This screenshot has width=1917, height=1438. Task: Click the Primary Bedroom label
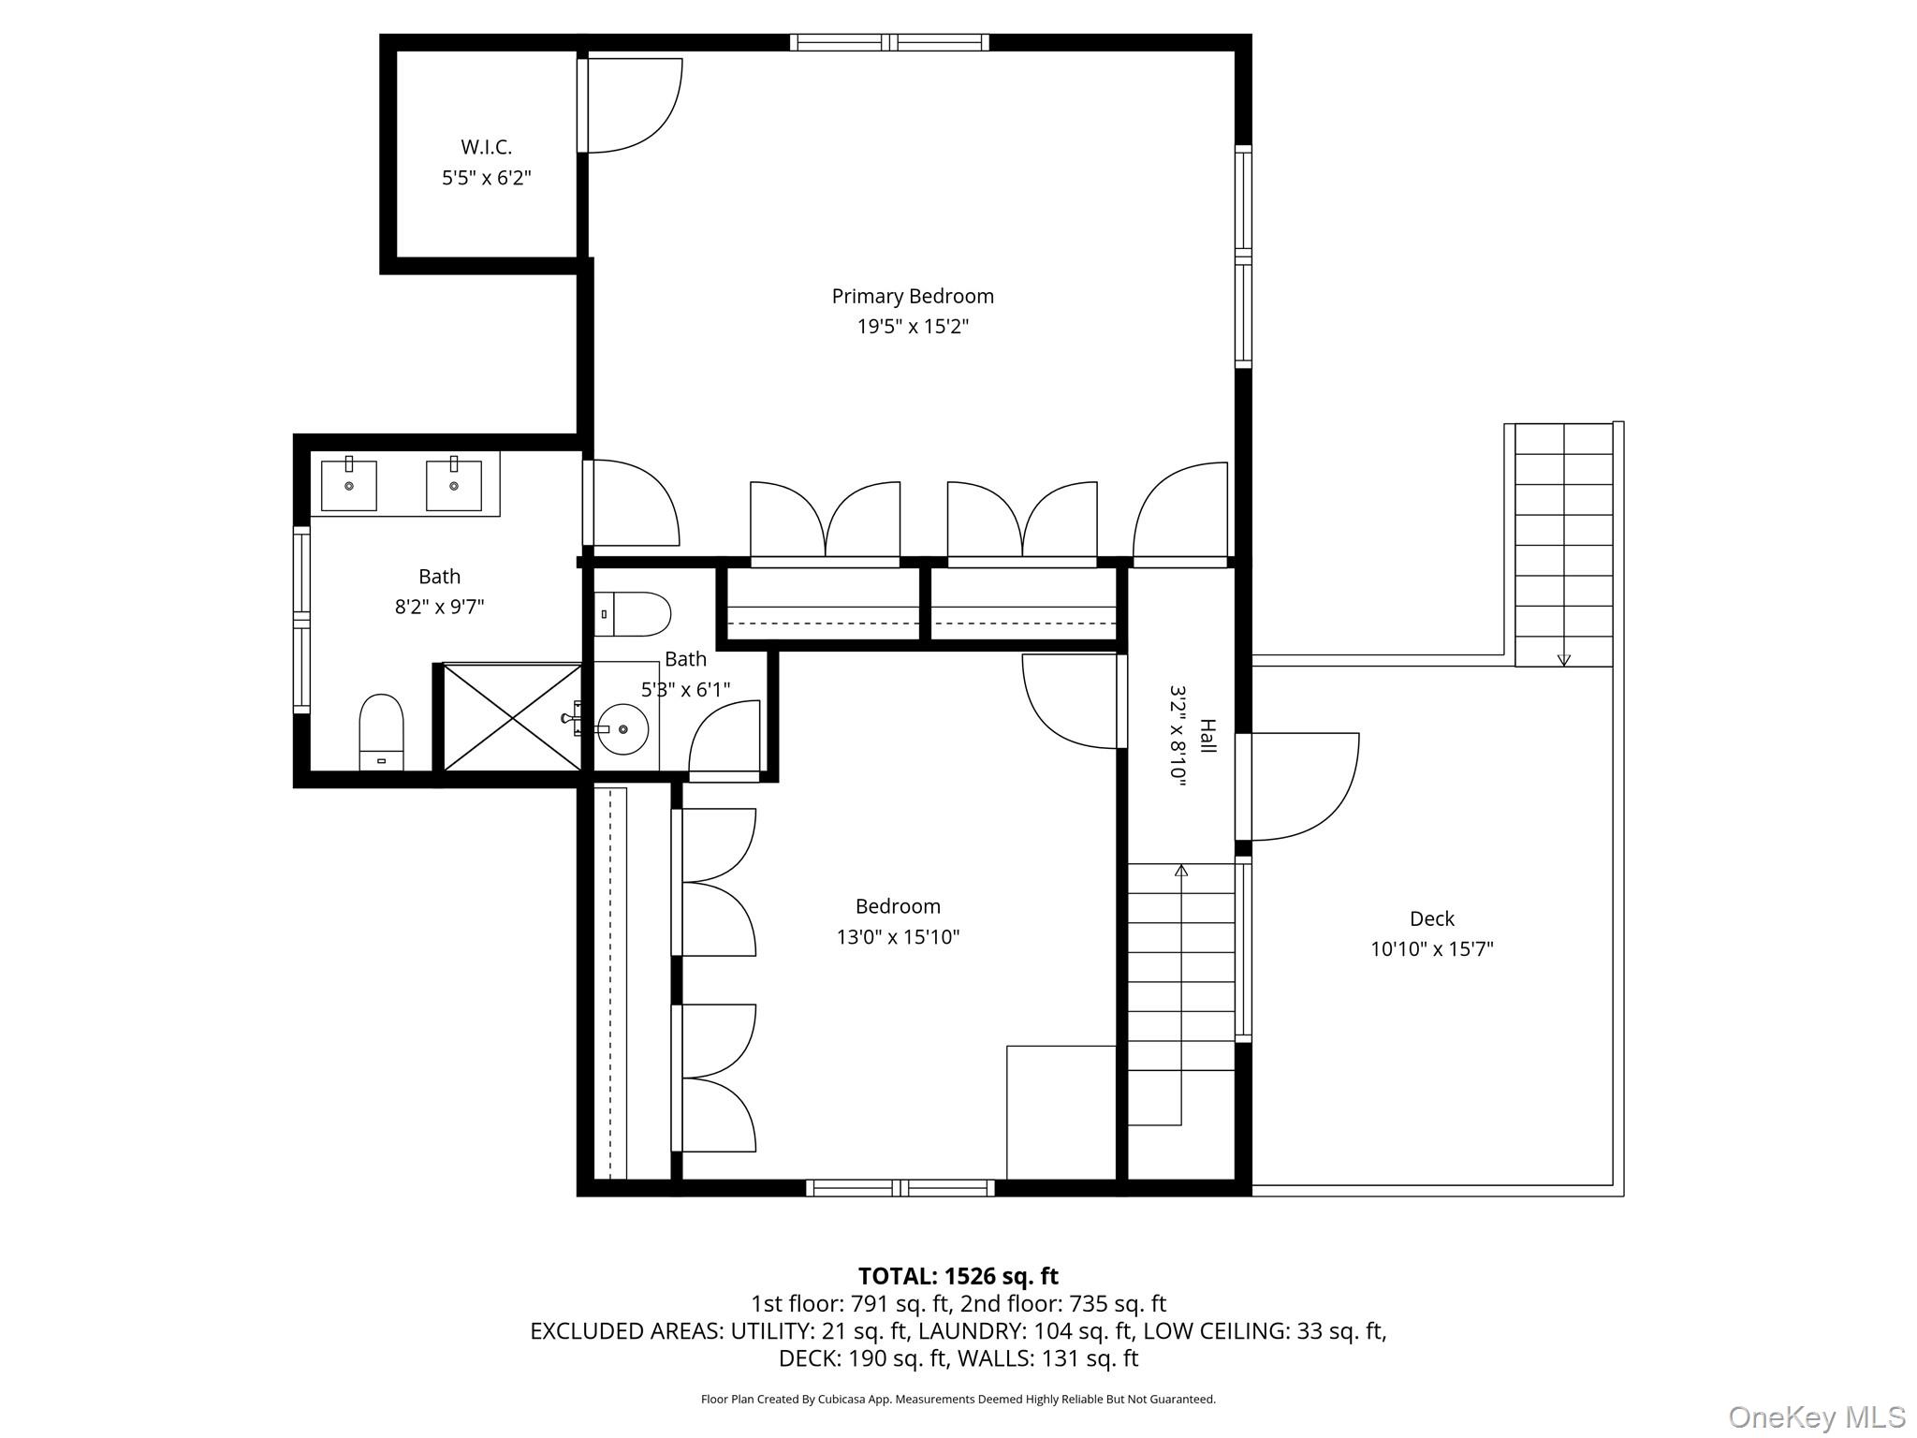click(913, 296)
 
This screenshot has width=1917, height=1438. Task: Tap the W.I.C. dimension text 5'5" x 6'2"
click(487, 178)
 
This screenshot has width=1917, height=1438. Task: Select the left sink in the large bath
click(348, 485)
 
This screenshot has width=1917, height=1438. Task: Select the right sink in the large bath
click(454, 485)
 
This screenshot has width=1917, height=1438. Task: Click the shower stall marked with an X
click(511, 717)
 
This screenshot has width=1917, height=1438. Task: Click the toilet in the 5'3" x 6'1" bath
click(633, 614)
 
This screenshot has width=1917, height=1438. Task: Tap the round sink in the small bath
click(622, 727)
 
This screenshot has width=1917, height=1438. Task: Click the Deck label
click(1431, 918)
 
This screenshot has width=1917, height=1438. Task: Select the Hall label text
click(1207, 737)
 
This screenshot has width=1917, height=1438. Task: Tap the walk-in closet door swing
click(632, 105)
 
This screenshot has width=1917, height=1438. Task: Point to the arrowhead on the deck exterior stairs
click(1563, 660)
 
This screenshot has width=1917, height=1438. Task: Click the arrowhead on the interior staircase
click(1181, 871)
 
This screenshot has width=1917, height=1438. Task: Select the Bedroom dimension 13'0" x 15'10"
click(898, 937)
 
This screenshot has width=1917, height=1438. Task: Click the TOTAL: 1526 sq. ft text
click(958, 1276)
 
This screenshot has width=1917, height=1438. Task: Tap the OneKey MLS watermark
click(1816, 1416)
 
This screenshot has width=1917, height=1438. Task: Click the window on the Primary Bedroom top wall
click(889, 42)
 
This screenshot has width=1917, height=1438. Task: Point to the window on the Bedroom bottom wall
click(900, 1188)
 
